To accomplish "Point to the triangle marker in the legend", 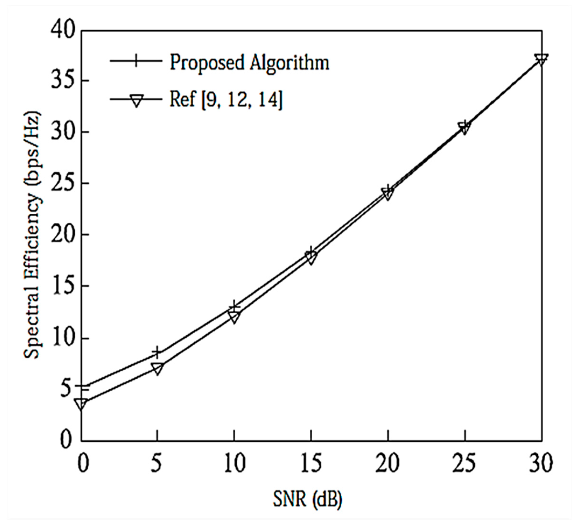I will click(x=136, y=100).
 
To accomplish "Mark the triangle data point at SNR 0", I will click(x=81, y=404).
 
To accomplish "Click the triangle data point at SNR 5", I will click(x=157, y=369).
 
